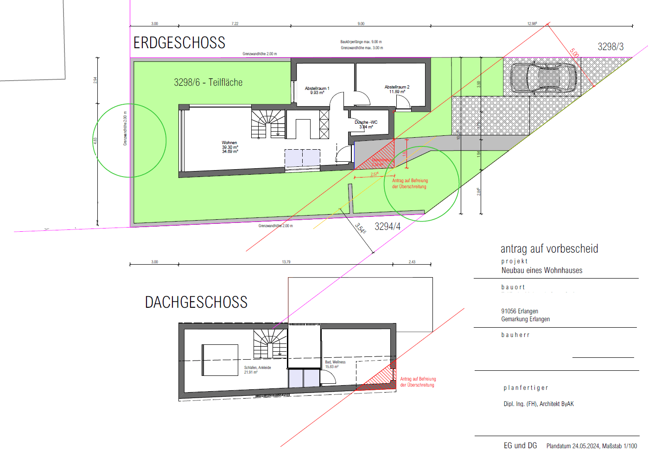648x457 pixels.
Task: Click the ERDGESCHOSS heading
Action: coord(179,43)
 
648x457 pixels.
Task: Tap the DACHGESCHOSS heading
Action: coord(196,302)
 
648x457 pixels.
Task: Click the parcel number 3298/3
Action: coord(610,47)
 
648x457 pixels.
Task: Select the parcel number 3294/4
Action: coord(388,226)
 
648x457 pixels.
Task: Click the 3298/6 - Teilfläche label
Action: coord(208,83)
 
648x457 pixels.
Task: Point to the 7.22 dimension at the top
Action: coord(235,24)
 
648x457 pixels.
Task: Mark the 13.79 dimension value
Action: coord(286,262)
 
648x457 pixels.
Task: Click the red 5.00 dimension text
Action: coord(574,53)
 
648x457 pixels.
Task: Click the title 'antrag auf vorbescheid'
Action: coord(549,249)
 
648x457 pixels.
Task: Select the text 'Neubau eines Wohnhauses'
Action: coord(542,271)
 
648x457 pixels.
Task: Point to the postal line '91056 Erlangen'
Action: coord(520,311)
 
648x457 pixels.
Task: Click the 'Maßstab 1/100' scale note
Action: coord(619,446)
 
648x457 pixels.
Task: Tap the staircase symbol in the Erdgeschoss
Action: coord(268,124)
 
